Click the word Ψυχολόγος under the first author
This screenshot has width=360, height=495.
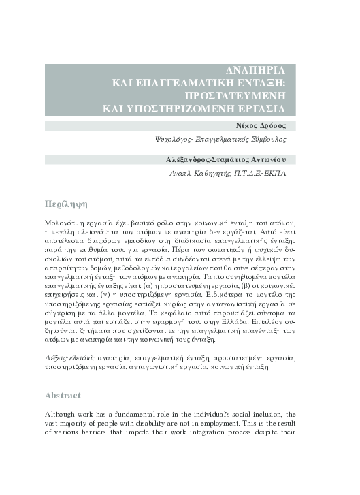point(178,139)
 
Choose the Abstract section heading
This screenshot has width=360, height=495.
point(63,395)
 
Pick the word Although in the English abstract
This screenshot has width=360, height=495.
point(62,415)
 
